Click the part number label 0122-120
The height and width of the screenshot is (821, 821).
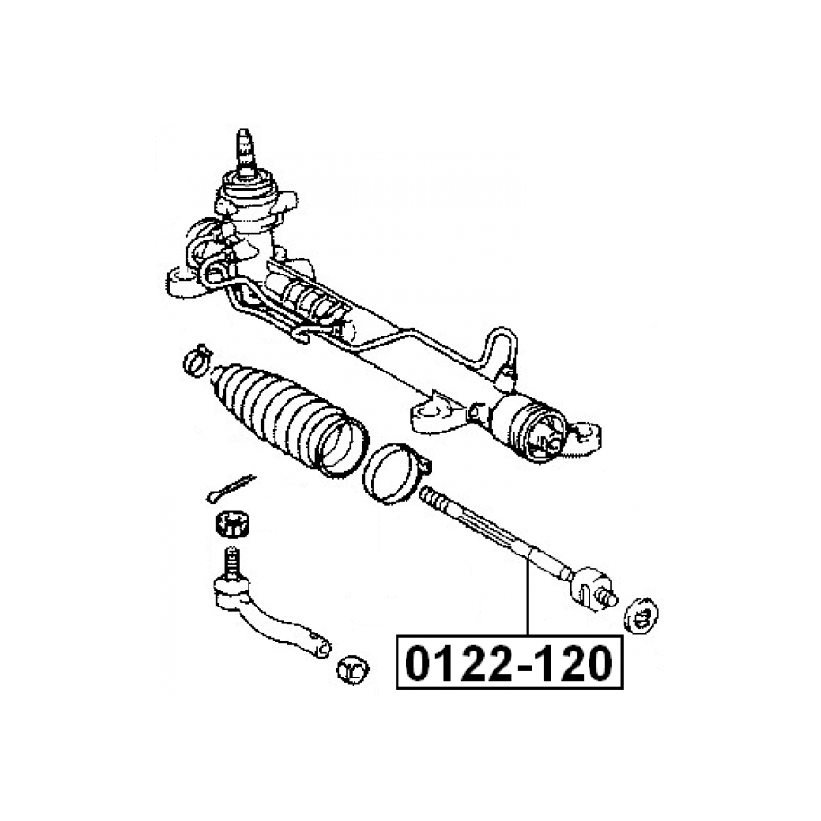tap(509, 663)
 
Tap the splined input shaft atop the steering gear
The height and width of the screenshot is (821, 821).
tap(246, 152)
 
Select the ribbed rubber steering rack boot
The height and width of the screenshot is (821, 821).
tap(288, 419)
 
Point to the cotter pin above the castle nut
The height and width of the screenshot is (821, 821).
tap(231, 488)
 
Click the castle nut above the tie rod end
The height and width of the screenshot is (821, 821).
tap(232, 523)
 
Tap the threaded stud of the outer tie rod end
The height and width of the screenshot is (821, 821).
tap(231, 562)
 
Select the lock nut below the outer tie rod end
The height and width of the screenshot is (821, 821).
tap(353, 668)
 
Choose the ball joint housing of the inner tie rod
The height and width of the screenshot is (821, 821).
tap(591, 587)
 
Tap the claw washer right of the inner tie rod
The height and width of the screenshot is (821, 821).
tap(641, 616)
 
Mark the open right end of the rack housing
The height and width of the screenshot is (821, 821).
tap(546, 436)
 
